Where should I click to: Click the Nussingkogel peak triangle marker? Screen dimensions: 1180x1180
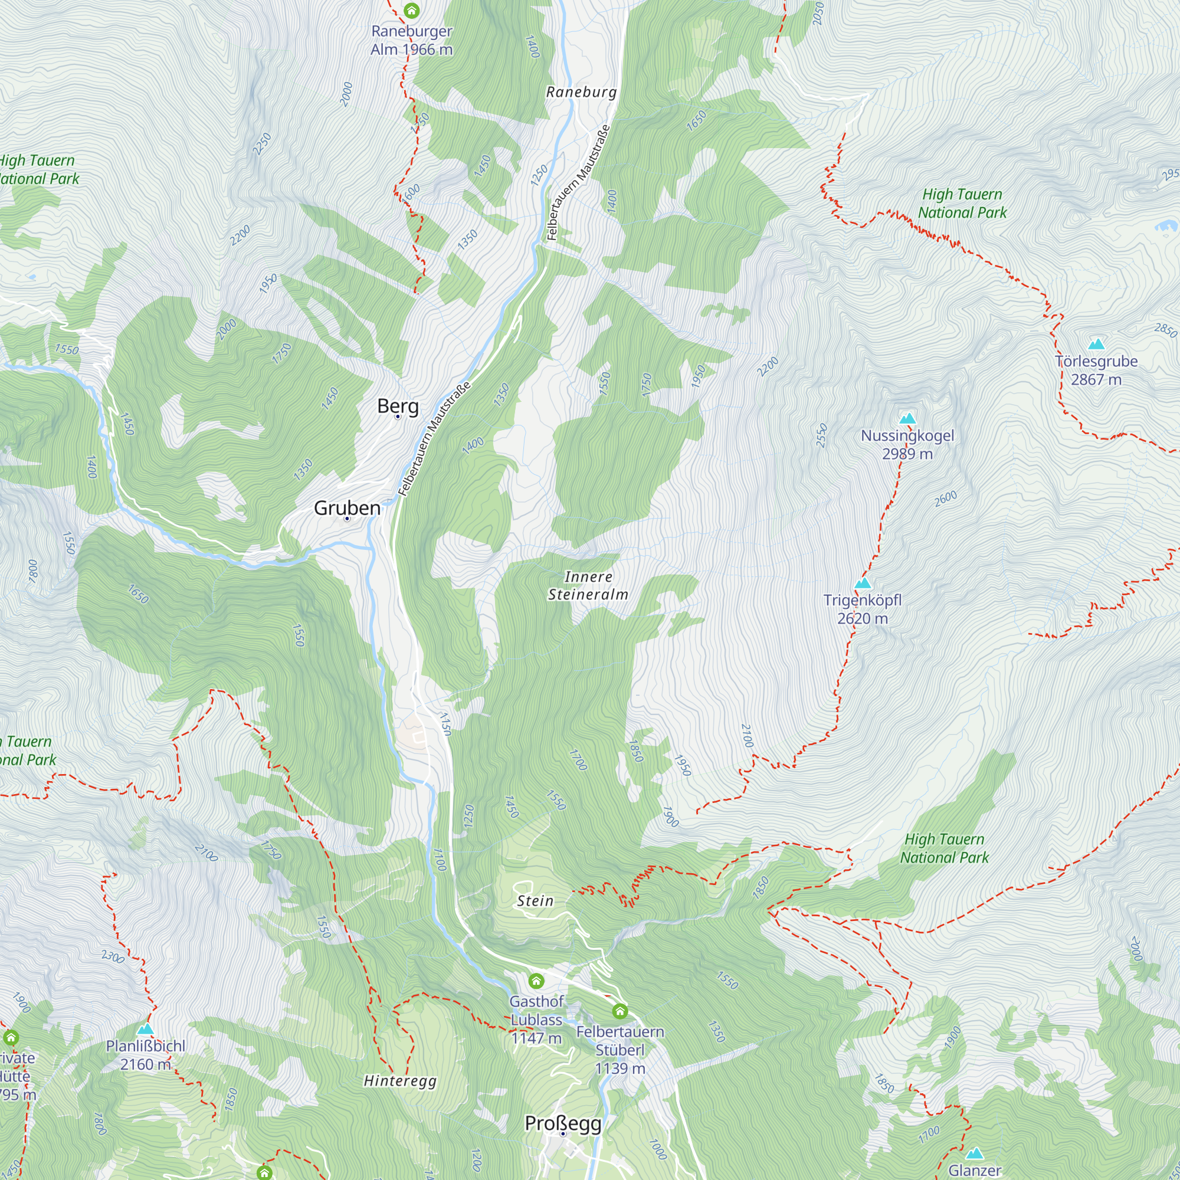(x=907, y=418)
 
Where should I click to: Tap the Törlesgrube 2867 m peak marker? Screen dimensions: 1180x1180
(x=1096, y=344)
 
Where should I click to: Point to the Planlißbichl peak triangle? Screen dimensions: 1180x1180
(x=145, y=1029)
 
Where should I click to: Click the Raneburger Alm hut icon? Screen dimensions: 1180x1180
(x=412, y=11)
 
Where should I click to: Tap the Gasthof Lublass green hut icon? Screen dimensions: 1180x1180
(x=536, y=981)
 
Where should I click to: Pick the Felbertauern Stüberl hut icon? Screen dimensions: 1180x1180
(x=620, y=1011)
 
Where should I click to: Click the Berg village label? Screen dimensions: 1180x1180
(x=398, y=405)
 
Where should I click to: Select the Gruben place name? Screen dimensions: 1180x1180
(x=347, y=507)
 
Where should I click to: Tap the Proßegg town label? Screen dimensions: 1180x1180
(x=563, y=1123)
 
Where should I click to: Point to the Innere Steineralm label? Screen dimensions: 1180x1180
(x=588, y=585)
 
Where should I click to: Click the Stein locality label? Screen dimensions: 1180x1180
(x=535, y=900)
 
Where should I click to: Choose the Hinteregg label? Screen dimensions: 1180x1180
(x=400, y=1080)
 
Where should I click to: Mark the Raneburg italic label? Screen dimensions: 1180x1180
(x=582, y=91)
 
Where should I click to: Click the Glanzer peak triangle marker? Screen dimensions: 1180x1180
(x=974, y=1153)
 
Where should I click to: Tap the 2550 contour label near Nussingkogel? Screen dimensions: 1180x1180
(x=821, y=435)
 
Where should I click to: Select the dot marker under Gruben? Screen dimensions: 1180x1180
(x=347, y=519)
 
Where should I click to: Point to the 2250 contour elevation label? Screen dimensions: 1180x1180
(x=262, y=143)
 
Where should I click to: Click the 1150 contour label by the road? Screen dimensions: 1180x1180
(x=446, y=724)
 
